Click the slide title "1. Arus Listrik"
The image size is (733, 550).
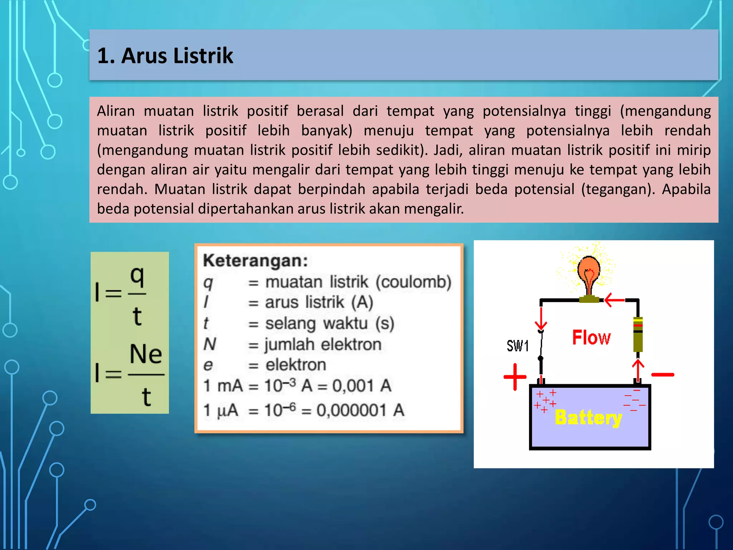click(x=165, y=56)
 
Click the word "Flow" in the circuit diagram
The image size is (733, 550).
click(x=591, y=338)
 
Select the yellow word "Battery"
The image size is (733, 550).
click(x=588, y=418)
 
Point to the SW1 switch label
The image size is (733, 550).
click(x=518, y=346)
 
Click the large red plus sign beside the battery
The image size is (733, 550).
click(x=515, y=377)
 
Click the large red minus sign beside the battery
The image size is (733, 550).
click(x=662, y=375)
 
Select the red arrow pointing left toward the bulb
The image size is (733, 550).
click(x=614, y=300)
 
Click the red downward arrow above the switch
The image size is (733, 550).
click(x=541, y=319)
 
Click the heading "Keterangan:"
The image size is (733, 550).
click(x=255, y=261)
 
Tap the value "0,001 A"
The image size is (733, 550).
click(x=362, y=386)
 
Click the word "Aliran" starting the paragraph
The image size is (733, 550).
click(x=116, y=111)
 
